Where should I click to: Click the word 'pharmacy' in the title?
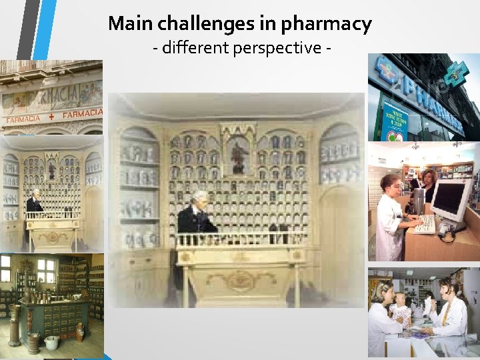click(x=327, y=25)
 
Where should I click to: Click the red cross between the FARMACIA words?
click(x=51, y=118)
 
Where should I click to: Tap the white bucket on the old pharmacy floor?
click(x=51, y=342)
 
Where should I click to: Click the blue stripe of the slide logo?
click(x=45, y=30)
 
